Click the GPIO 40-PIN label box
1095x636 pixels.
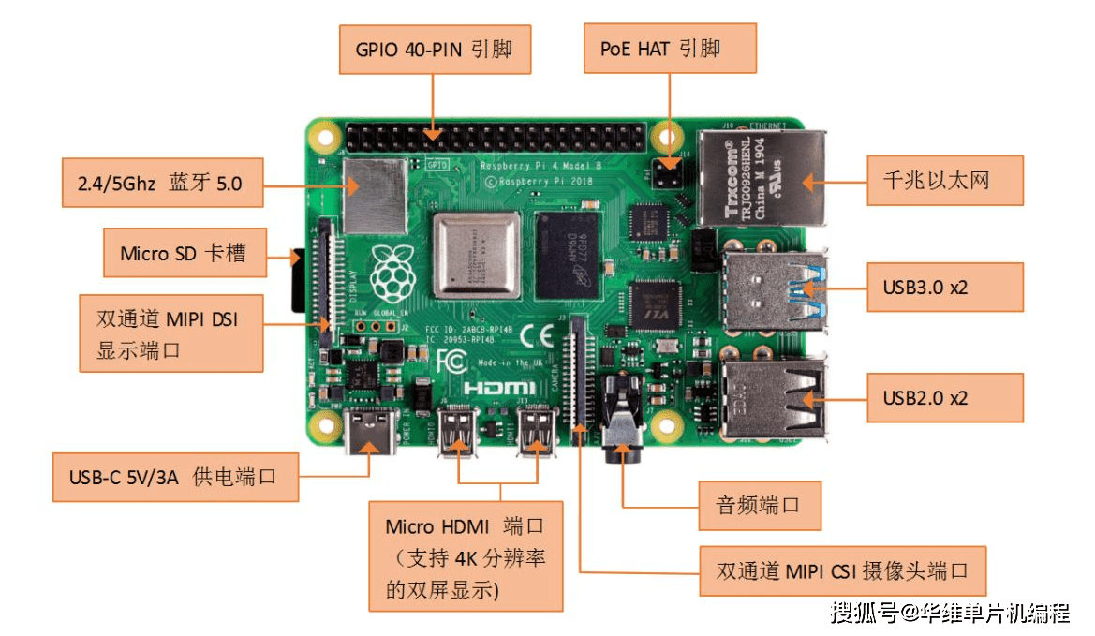tap(434, 50)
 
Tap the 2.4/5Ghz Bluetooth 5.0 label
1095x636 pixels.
tap(158, 183)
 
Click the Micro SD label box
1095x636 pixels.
tap(185, 253)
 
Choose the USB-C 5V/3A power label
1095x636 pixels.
tap(175, 477)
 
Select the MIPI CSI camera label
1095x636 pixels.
tap(842, 570)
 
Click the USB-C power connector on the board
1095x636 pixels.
tap(371, 434)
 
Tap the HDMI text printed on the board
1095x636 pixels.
tap(500, 387)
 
